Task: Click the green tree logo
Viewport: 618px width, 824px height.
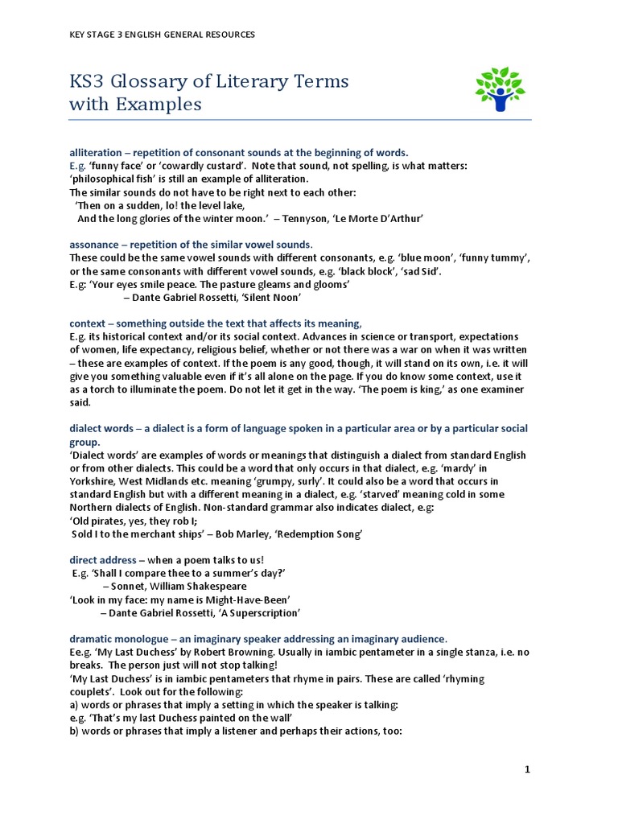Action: coord(499,89)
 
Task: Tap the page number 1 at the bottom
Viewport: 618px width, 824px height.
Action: coord(527,770)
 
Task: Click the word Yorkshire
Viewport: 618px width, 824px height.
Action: coord(94,480)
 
